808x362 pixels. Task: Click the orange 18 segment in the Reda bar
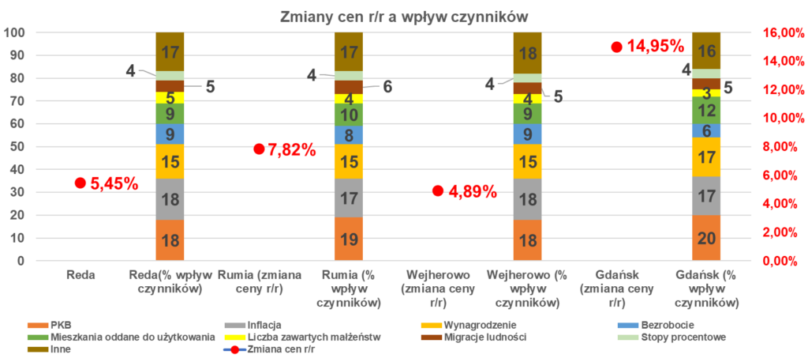(170, 240)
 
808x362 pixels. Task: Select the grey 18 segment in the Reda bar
(170, 199)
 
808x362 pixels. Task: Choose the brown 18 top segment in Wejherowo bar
(527, 53)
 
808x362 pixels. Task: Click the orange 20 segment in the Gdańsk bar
(705, 238)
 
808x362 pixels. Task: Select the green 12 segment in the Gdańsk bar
(705, 110)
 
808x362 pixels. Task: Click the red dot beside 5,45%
(79, 183)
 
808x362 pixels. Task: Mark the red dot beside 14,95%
(616, 47)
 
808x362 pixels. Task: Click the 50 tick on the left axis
(16, 147)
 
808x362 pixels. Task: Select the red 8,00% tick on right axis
(783, 147)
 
